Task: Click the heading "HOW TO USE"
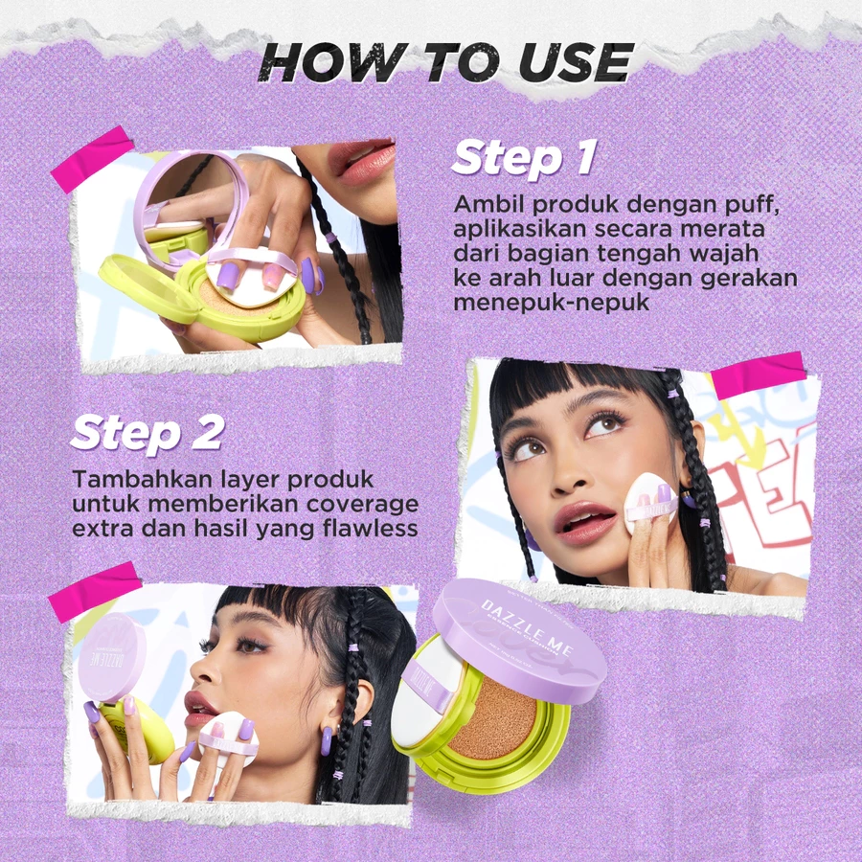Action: point(445,62)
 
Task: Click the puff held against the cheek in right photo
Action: point(650,502)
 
